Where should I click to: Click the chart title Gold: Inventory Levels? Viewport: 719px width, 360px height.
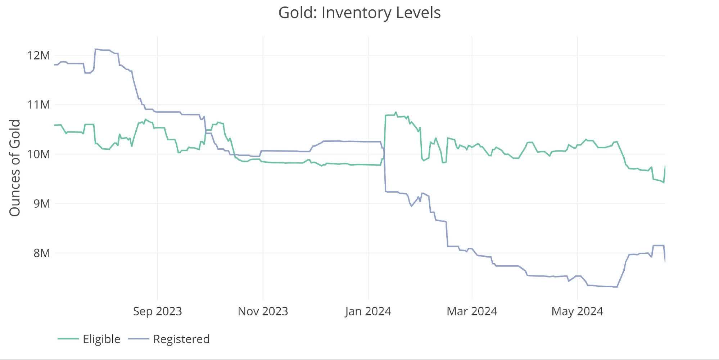359,13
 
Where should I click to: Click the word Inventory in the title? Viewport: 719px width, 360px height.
356,13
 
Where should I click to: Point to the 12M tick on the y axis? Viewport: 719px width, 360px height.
38,55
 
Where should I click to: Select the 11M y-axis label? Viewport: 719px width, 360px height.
38,105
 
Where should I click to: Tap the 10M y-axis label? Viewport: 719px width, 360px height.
38,154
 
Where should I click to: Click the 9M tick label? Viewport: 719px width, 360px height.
41,204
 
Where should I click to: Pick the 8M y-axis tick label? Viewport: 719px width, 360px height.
41,253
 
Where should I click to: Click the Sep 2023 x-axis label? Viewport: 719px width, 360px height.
157,311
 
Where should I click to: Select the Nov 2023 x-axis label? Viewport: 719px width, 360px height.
263,311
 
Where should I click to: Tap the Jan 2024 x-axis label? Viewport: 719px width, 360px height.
368,311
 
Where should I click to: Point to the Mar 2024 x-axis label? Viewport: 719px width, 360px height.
472,311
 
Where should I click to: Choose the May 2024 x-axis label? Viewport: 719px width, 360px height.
577,311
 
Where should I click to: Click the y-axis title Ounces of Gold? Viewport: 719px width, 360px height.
15,168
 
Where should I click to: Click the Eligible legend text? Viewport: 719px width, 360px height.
101,339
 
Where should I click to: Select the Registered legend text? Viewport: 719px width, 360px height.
181,339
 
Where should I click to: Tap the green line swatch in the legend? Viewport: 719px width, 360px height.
68,339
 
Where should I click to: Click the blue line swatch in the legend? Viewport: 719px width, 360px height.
138,339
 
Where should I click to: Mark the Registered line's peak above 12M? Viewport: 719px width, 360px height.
96,49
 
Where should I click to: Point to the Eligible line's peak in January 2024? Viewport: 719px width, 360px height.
395,112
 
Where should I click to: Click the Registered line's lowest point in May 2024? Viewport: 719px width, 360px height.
616,287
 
